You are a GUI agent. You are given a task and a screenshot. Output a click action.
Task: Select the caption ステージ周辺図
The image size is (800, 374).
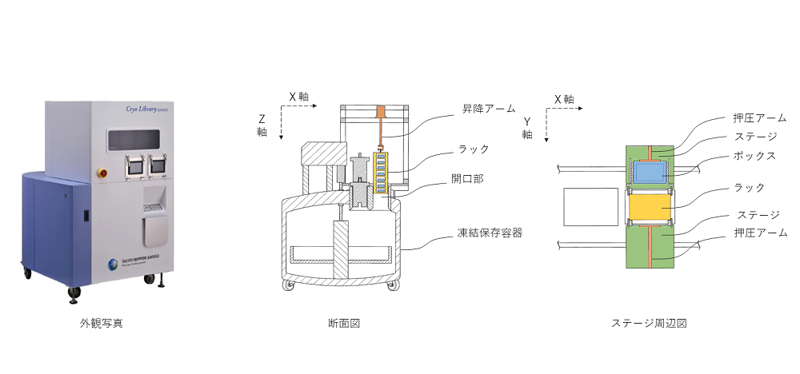(x=649, y=324)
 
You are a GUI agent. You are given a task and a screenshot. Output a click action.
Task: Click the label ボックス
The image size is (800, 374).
(x=754, y=155)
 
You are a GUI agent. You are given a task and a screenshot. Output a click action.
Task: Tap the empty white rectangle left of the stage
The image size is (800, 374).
(x=591, y=206)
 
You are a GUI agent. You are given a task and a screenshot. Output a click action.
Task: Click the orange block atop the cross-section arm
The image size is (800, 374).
(x=381, y=110)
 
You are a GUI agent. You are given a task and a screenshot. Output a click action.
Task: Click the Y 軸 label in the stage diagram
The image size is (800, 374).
(x=527, y=127)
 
